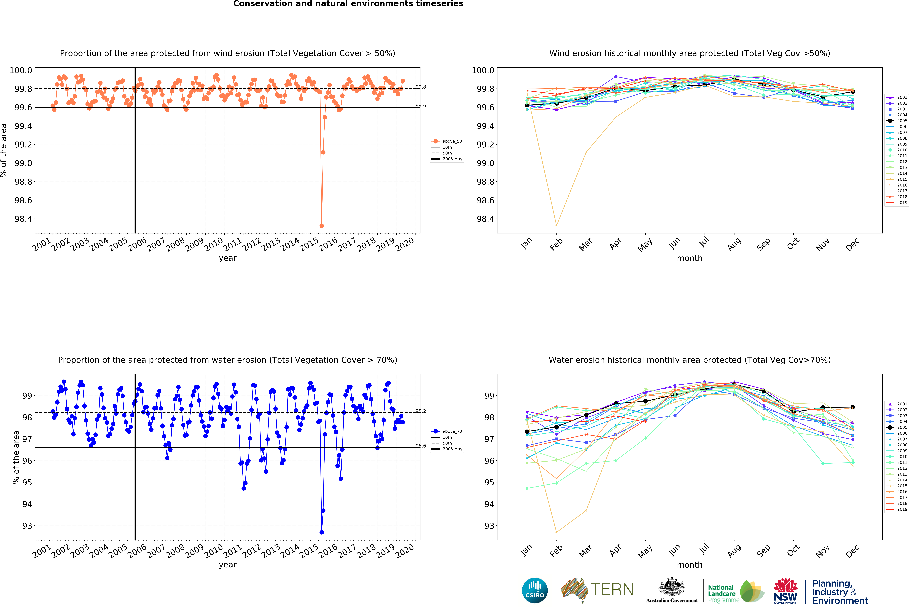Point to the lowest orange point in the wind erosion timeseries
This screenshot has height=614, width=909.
tap(322, 226)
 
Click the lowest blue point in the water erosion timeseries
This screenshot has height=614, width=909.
tap(322, 532)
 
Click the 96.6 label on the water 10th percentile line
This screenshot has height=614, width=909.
tap(421, 446)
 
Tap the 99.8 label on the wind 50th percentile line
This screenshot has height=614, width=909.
tap(421, 87)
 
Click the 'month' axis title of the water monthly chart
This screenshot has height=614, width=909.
tap(690, 565)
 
